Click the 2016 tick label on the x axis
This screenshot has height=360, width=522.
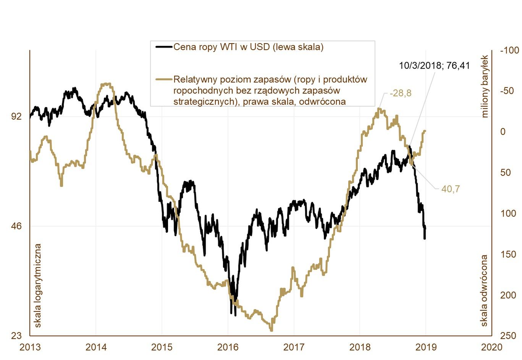pyautogui.click(x=228, y=347)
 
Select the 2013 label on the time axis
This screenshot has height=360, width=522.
pyautogui.click(x=30, y=347)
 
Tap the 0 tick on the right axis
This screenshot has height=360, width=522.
pyautogui.click(x=503, y=132)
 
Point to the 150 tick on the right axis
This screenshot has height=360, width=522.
pyautogui.click(x=508, y=254)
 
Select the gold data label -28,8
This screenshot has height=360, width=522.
pyautogui.click(x=400, y=93)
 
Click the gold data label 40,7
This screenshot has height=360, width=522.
pyautogui.click(x=451, y=189)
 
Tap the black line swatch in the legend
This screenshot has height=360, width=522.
pyautogui.click(x=164, y=47)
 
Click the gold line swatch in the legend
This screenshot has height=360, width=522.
pyautogui.click(x=164, y=79)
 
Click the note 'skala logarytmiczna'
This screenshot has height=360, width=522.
pyautogui.click(x=38, y=285)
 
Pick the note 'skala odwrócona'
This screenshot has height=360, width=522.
pyautogui.click(x=484, y=291)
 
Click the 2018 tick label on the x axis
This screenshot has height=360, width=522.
pyautogui.click(x=360, y=347)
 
